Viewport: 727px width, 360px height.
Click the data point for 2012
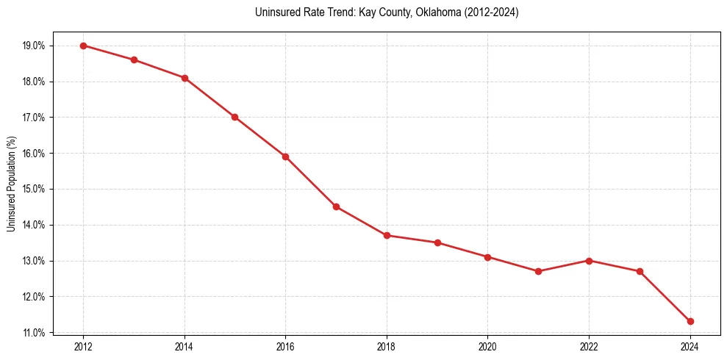[83, 46]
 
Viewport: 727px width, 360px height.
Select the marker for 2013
[134, 60]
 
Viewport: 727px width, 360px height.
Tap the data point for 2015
[234, 117]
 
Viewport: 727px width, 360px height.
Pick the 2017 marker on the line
[336, 206]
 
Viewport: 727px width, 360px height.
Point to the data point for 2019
[437, 242]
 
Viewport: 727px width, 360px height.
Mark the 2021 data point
[538, 271]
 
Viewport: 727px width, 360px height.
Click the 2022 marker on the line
[589, 261]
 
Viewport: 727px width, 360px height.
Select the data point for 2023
[640, 271]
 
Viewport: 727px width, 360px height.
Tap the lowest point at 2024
[690, 321]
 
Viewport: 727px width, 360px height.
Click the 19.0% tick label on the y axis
[34, 46]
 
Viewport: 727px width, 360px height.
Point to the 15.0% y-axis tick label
[34, 189]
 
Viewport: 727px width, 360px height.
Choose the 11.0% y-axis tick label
[34, 333]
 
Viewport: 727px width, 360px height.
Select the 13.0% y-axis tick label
[34, 261]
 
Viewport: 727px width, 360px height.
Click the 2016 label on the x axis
[285, 346]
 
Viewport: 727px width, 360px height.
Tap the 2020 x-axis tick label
[487, 346]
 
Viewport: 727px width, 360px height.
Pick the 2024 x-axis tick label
[690, 346]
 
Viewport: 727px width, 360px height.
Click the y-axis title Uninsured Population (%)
[11, 184]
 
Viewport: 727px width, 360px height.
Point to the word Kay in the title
[367, 12]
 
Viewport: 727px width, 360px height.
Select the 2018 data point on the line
[387, 235]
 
